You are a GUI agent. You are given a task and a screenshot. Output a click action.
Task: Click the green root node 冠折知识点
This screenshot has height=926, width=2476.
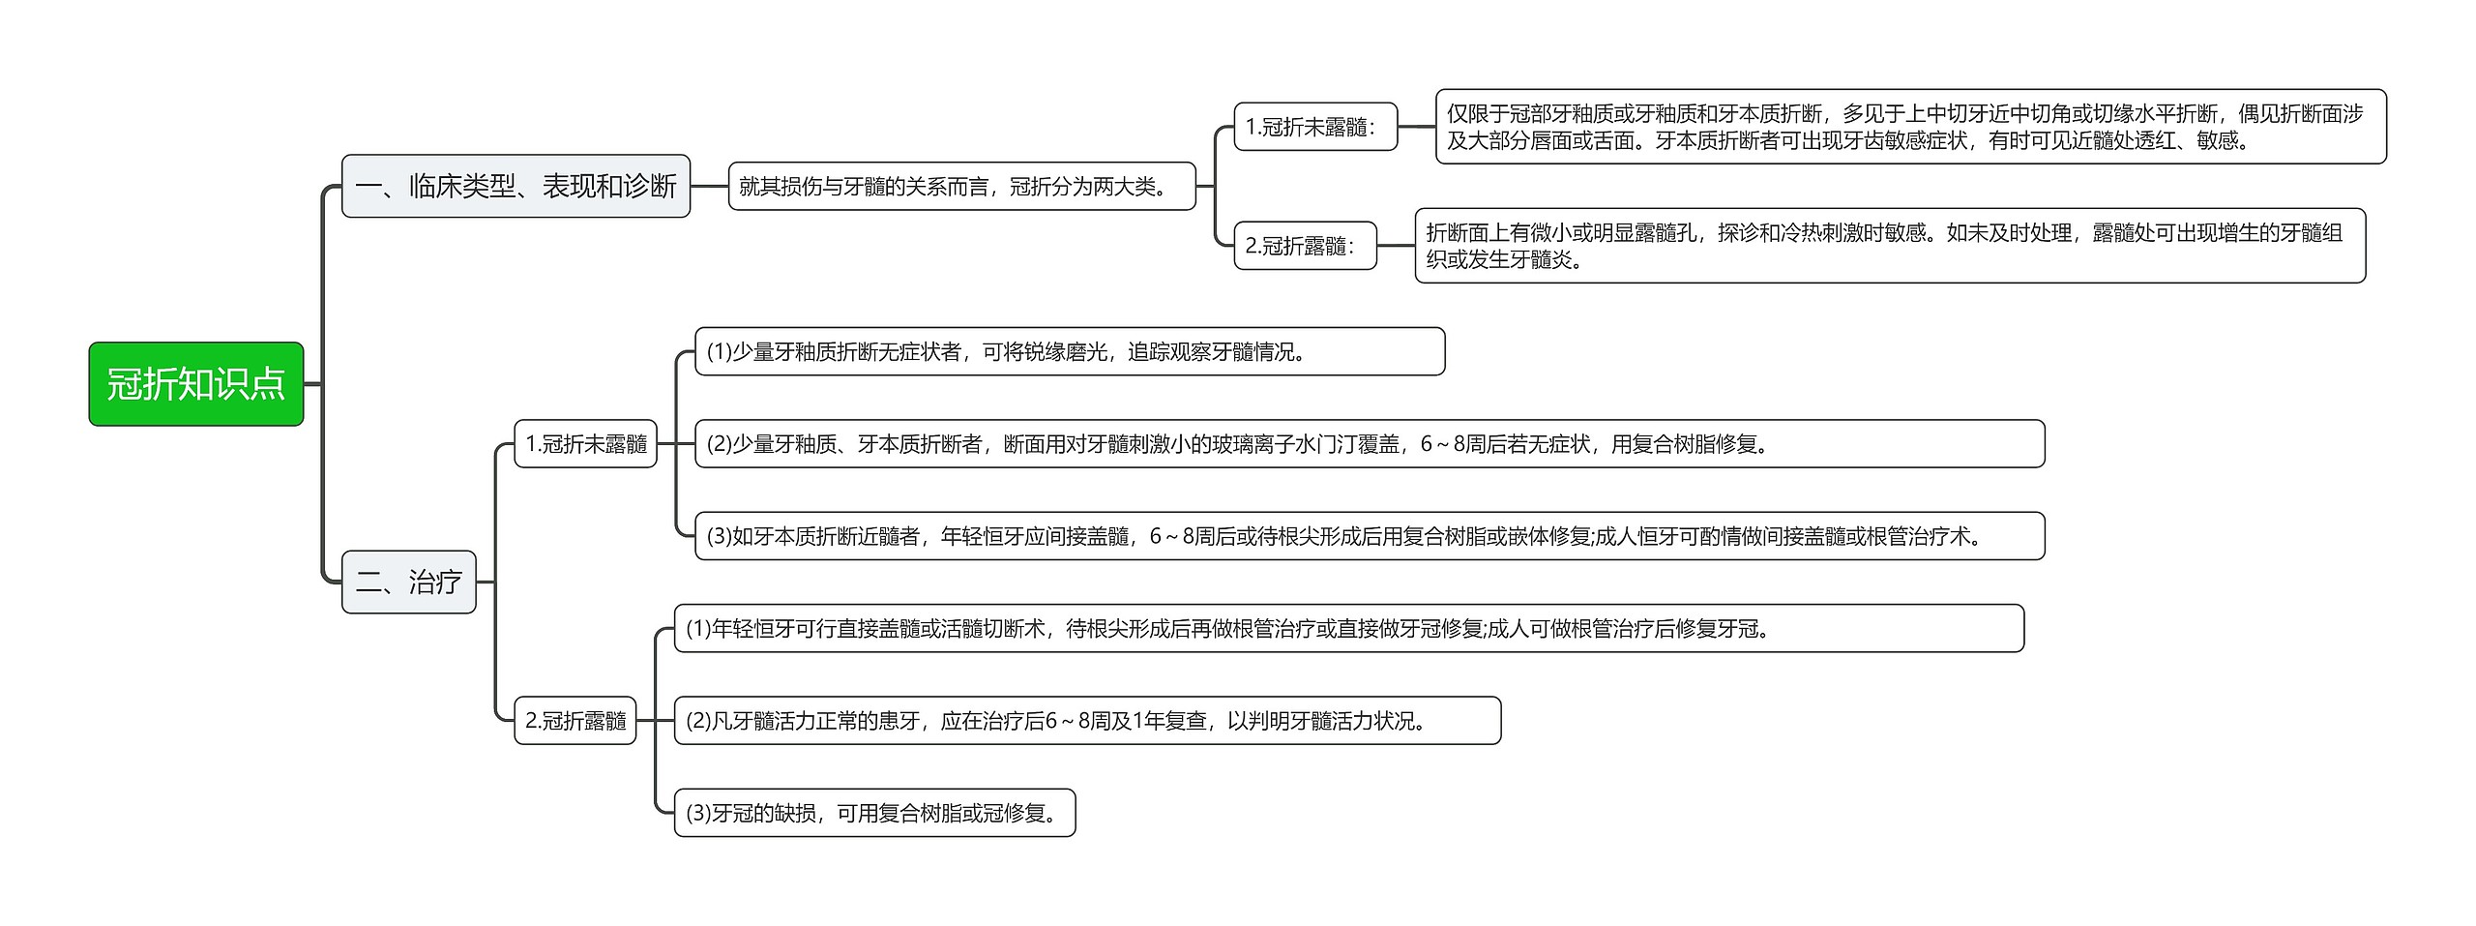195,384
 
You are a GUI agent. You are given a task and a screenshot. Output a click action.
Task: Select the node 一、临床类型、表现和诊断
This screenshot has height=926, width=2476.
516,186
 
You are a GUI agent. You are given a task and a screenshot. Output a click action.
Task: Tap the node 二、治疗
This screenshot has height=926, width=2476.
408,582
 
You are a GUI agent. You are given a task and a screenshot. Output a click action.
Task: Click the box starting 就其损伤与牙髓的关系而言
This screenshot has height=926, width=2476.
961,186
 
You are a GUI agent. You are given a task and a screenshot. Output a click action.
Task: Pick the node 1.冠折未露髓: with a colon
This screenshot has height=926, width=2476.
1314,127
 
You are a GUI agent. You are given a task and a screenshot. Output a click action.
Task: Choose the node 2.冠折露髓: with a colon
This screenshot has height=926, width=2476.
1304,246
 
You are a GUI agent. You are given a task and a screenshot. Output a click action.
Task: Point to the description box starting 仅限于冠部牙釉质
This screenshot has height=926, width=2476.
1910,127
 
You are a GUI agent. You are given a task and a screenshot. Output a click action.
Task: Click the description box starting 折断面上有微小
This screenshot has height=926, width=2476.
1889,246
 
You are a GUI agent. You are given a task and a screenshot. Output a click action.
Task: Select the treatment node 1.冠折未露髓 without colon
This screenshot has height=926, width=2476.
585,444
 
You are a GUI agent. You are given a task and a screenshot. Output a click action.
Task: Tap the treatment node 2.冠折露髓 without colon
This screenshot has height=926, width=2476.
575,721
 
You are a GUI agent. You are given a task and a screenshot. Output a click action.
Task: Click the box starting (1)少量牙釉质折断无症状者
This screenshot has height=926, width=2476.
1069,351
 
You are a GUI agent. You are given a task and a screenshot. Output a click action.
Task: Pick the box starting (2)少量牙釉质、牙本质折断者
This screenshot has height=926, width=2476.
1369,444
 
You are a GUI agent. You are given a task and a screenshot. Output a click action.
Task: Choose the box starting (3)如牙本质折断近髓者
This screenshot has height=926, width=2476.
1369,536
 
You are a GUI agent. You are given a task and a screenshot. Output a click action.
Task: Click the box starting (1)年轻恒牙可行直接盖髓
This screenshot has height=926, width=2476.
1348,629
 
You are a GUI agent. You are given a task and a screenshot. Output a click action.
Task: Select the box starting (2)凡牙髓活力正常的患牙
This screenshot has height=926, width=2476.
1086,721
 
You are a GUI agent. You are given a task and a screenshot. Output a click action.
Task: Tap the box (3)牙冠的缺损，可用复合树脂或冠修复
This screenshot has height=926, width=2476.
873,813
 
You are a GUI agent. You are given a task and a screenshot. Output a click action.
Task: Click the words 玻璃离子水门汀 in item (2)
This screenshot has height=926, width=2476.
1324,444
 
